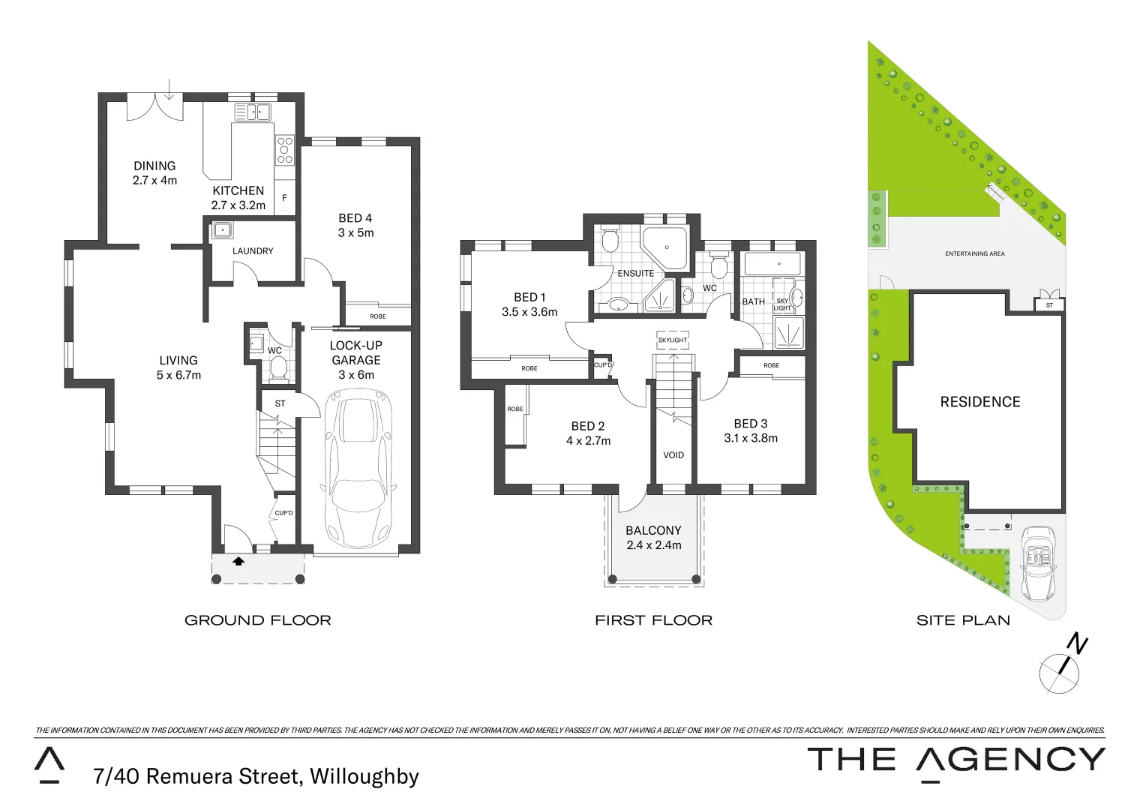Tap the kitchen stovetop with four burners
coord(285,149)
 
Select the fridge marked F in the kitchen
coord(285,199)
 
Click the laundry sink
coord(221,229)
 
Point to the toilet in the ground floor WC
coord(278,368)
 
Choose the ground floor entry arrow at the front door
coord(238,560)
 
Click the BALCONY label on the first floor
coord(654,530)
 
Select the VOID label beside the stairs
coord(673,455)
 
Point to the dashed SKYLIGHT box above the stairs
coord(673,340)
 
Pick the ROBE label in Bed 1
coord(529,368)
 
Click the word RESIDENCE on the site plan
coord(980,402)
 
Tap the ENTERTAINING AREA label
coord(975,253)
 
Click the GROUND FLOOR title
coord(258,620)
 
